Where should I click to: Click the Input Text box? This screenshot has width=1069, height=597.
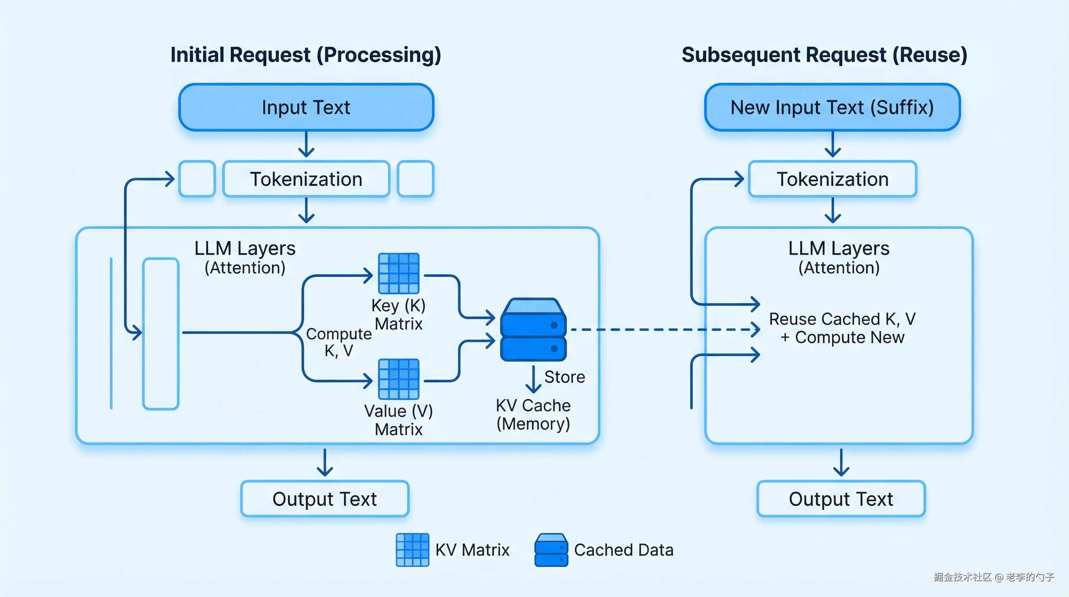click(x=306, y=107)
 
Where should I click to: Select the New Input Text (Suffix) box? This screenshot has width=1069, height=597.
click(x=832, y=107)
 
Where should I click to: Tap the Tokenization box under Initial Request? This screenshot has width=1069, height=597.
click(x=306, y=179)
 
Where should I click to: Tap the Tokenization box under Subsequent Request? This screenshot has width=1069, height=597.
click(x=832, y=179)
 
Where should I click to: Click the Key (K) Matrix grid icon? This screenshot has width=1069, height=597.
click(x=399, y=273)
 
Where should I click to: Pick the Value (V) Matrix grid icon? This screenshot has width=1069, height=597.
click(x=399, y=379)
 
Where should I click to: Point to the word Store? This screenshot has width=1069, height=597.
click(x=564, y=377)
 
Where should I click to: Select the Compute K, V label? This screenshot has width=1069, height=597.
click(x=339, y=342)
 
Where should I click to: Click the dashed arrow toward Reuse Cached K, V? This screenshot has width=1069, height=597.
click(x=664, y=330)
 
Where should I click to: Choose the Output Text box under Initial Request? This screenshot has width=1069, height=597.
click(x=324, y=499)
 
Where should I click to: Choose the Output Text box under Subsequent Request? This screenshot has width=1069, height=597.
click(x=841, y=499)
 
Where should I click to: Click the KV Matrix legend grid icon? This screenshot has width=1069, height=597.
click(x=412, y=550)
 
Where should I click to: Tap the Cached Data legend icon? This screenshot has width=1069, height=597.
click(x=551, y=550)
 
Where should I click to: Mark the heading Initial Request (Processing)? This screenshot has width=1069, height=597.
click(x=306, y=55)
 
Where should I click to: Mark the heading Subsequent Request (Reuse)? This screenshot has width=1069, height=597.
click(x=824, y=55)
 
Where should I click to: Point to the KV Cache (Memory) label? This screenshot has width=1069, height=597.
click(x=533, y=414)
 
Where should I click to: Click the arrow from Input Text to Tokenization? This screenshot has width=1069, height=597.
click(x=306, y=145)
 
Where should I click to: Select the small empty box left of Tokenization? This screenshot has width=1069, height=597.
click(x=197, y=179)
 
